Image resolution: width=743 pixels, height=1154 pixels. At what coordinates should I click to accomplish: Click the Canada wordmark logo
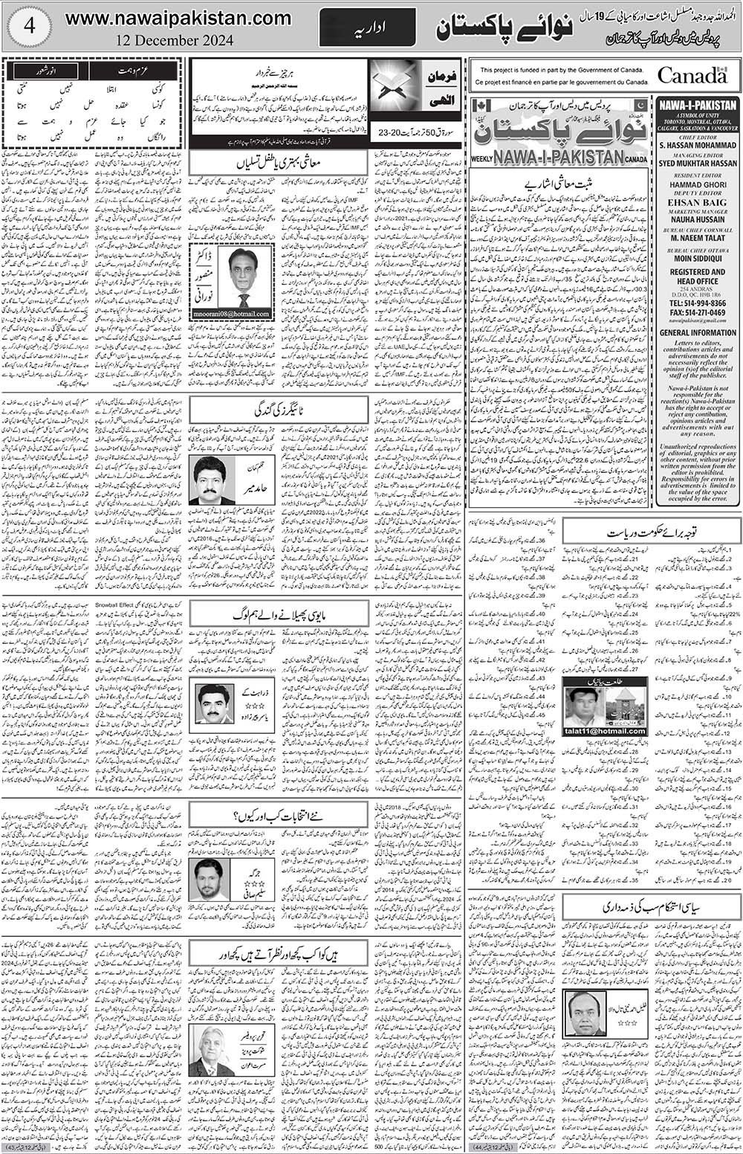tap(691, 75)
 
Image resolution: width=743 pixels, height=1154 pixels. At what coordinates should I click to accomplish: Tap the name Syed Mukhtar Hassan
tap(697, 165)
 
